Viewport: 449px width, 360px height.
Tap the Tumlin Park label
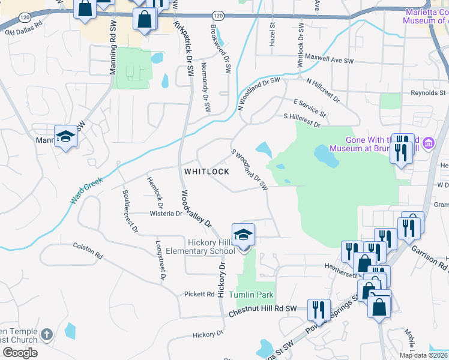(252, 295)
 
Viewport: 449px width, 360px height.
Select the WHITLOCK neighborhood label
(206, 172)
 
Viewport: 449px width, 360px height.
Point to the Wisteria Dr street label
(166, 213)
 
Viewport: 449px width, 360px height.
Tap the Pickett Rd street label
(199, 294)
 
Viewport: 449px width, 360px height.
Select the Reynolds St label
(428, 93)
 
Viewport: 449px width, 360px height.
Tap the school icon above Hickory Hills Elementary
(243, 235)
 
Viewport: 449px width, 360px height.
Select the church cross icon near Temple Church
(48, 334)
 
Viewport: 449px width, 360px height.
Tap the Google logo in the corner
(20, 353)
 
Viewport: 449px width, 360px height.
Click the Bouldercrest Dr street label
(130, 212)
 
